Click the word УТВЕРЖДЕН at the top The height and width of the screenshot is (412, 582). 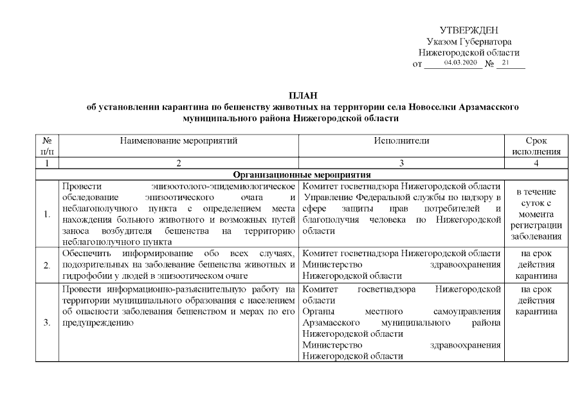(x=469, y=30)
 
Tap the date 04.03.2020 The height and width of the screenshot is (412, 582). (x=457, y=63)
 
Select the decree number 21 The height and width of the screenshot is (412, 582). (x=505, y=63)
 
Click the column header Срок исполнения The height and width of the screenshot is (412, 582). (x=537, y=145)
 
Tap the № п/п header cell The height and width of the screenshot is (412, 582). (x=46, y=145)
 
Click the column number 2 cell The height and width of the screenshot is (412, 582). (x=179, y=163)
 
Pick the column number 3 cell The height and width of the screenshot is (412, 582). (x=401, y=163)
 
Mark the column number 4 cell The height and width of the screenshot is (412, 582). (x=537, y=163)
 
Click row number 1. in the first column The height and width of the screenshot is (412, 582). (x=47, y=214)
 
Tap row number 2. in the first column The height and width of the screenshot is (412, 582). (x=47, y=265)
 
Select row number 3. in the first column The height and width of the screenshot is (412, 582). (x=47, y=323)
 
